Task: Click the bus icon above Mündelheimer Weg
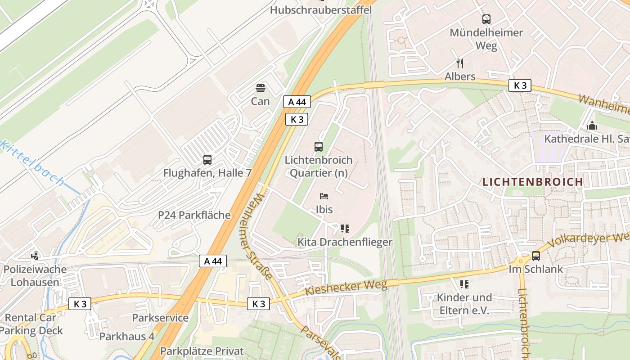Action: [486, 19]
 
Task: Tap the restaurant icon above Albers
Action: [459, 63]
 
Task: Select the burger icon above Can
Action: [260, 88]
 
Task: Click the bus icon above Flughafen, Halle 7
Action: [207, 159]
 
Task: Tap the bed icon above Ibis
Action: [324, 196]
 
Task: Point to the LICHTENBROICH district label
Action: [532, 182]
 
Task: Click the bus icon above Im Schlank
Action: [535, 256]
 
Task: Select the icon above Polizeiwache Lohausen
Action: [35, 256]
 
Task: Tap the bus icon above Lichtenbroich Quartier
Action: [318, 146]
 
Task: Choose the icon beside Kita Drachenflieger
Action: [345, 229]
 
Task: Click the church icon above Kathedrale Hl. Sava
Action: [592, 126]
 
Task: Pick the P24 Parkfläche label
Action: [194, 215]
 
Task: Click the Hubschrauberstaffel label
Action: [321, 10]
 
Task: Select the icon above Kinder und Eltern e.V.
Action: [464, 284]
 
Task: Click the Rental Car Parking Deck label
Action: [31, 324]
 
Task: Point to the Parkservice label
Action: [160, 318]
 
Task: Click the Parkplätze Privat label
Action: [202, 351]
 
